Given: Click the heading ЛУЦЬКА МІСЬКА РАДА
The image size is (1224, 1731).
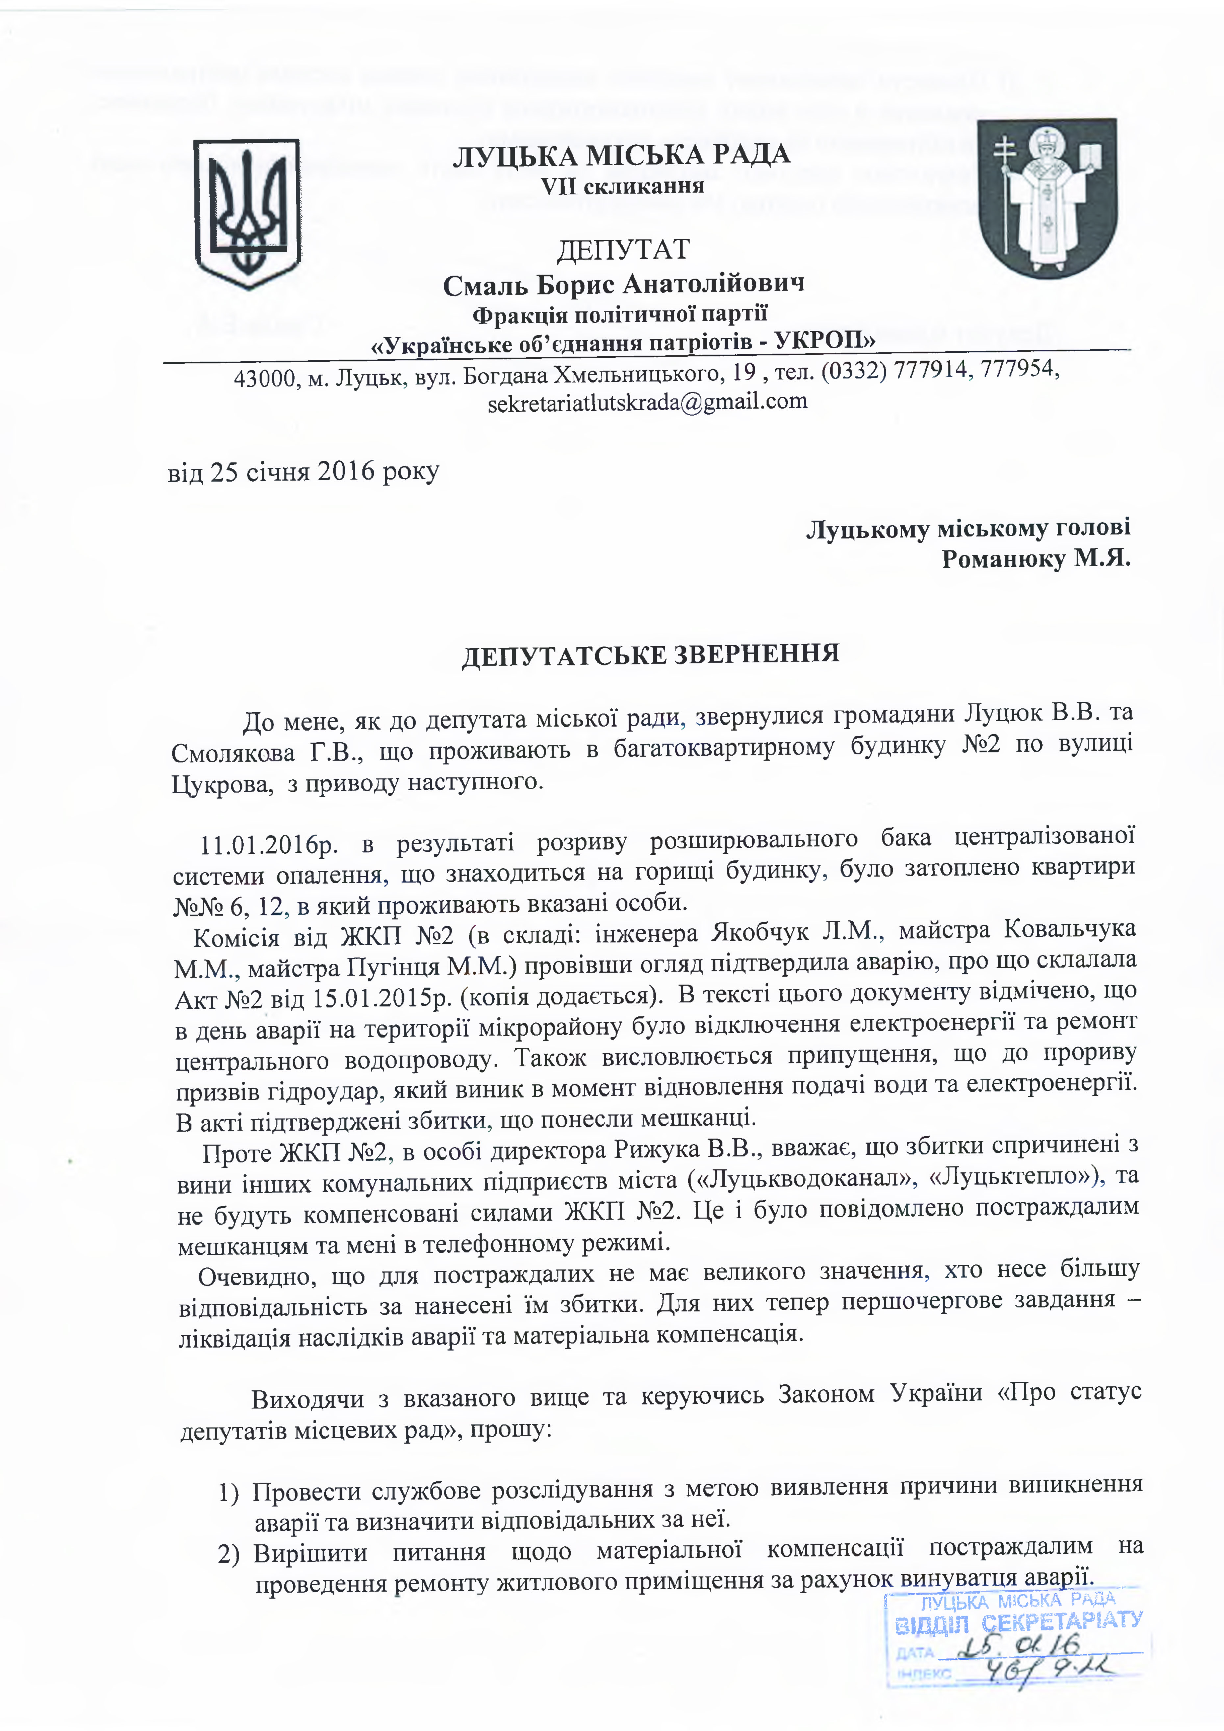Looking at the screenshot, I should [x=621, y=155].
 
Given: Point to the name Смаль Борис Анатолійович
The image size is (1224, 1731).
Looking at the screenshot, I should [x=623, y=284].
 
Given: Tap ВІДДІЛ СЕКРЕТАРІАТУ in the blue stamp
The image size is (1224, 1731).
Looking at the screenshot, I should [x=1018, y=1622].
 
